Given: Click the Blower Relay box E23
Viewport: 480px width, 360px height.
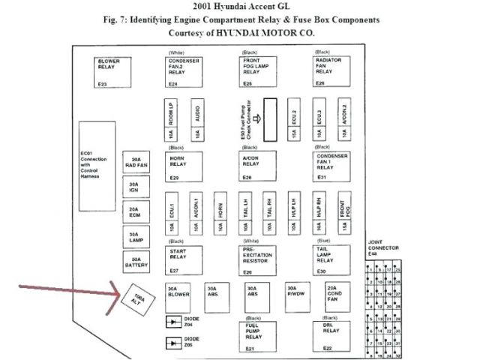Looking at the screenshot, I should pos(113,72).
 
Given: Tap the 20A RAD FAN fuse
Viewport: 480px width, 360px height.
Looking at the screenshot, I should pos(135,163).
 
